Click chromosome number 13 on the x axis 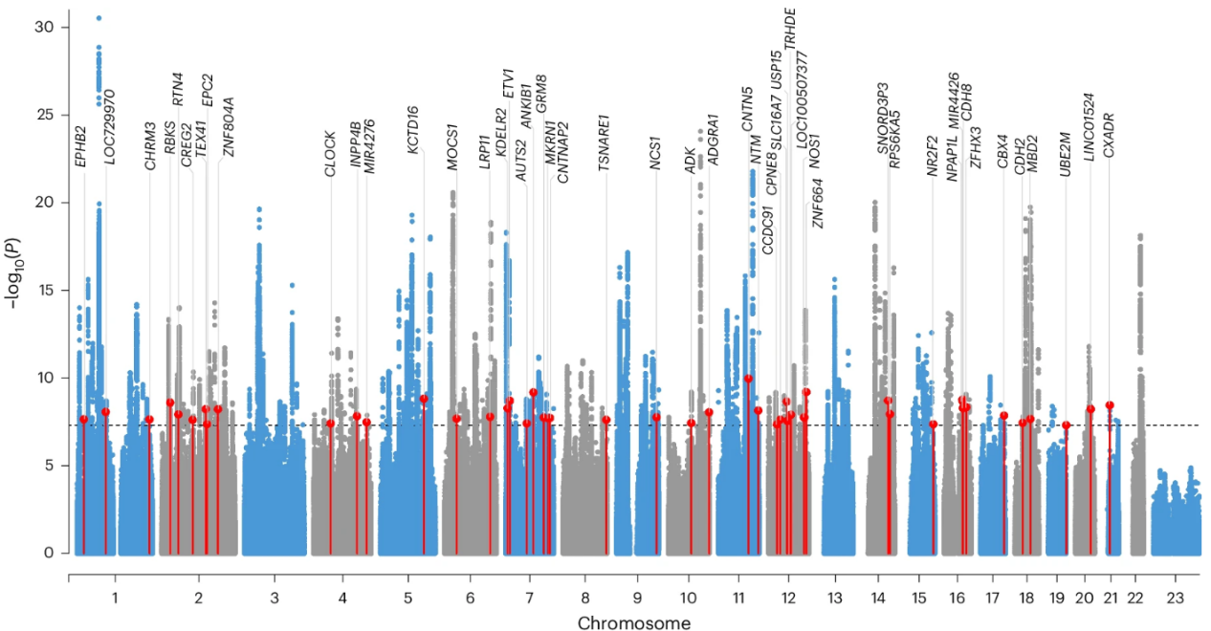(x=835, y=598)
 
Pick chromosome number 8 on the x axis (x=584, y=598)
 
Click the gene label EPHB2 (x=81, y=147)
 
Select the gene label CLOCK (x=330, y=153)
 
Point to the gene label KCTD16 (x=412, y=129)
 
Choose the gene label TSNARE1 (x=604, y=142)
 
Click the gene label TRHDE (x=790, y=27)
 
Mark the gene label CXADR (x=1109, y=135)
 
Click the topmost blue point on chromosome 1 (x=99, y=18)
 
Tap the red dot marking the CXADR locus (x=1110, y=405)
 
